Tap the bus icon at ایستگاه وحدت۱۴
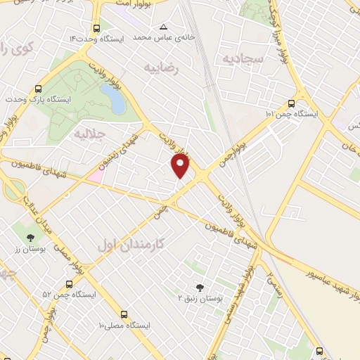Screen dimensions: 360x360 [x=96, y=28]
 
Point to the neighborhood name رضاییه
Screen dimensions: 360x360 [x=162, y=68]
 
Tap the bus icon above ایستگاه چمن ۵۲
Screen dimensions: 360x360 [x=68, y=283]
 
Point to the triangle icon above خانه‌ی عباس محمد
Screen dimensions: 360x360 [x=164, y=26]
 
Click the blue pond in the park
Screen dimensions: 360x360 [x=116, y=101]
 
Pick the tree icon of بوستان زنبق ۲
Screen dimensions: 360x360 [x=199, y=287]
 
